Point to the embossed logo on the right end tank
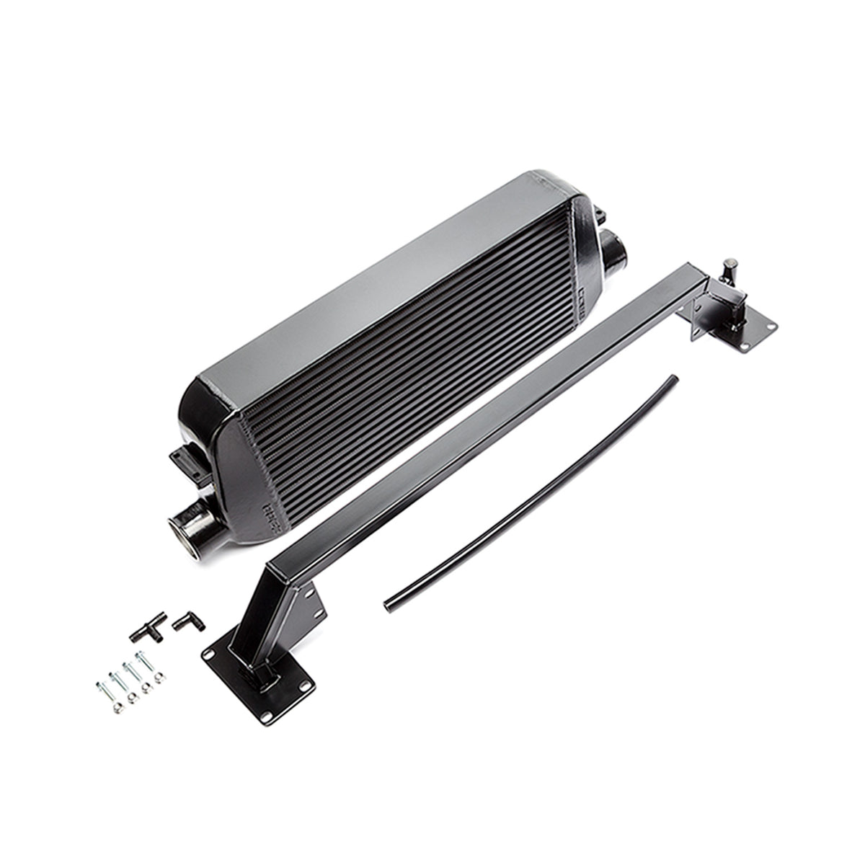pyautogui.click(x=587, y=296)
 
